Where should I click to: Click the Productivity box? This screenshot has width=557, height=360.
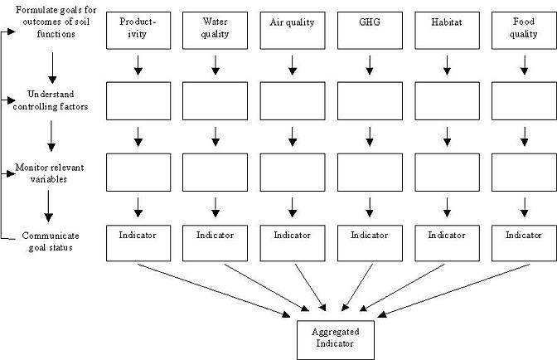point(138,31)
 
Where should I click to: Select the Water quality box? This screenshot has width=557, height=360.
point(215,31)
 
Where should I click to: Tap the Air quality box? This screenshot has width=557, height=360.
point(293,31)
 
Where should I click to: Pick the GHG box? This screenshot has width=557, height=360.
point(370,31)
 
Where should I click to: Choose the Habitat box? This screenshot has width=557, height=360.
point(447,31)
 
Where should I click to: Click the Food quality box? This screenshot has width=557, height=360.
point(524,31)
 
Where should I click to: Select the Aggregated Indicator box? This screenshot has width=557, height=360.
point(336,340)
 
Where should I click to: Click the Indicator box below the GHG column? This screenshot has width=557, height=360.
point(370,243)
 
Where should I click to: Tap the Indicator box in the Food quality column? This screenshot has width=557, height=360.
point(524,243)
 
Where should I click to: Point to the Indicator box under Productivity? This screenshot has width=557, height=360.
point(138,243)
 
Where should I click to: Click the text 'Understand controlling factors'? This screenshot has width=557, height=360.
point(51,100)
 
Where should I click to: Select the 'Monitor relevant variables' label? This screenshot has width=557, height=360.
point(50,173)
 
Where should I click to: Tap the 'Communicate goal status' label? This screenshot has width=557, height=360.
point(51,241)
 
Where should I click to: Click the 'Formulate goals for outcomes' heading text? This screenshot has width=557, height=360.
point(56,16)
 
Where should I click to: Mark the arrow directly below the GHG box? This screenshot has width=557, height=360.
point(370,65)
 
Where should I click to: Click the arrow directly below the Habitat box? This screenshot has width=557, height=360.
point(447,65)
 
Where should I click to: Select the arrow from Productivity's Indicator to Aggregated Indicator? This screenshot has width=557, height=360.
point(214,290)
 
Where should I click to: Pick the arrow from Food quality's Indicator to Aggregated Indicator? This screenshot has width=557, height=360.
point(453,290)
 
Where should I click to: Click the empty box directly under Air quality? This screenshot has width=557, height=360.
point(293,101)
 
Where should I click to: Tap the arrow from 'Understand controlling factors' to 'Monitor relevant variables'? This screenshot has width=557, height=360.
point(51,136)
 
